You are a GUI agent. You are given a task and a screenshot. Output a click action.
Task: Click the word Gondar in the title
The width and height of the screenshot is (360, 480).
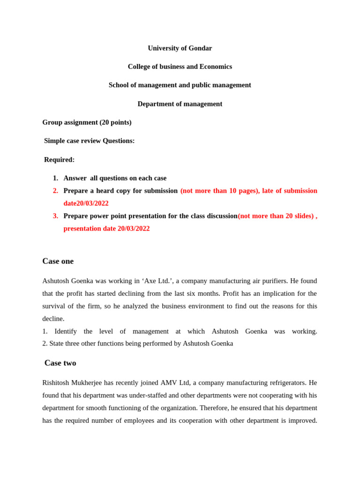tap(199, 48)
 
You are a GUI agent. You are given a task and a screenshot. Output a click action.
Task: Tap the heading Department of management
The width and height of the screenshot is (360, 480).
tap(180, 104)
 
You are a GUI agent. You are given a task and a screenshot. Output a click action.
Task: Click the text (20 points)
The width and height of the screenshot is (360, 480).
tap(115, 122)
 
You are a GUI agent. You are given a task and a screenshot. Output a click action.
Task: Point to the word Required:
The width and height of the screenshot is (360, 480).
tap(60, 160)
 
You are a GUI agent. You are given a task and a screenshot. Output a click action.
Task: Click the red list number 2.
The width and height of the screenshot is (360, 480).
tap(55, 191)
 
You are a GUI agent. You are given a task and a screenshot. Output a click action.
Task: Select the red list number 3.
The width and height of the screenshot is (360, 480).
tap(55, 216)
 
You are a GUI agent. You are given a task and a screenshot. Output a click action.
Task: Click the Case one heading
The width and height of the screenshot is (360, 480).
tap(58, 261)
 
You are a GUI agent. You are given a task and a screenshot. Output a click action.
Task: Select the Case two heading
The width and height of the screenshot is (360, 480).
tap(60, 363)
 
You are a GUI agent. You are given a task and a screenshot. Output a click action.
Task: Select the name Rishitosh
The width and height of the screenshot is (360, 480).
tap(56, 383)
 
